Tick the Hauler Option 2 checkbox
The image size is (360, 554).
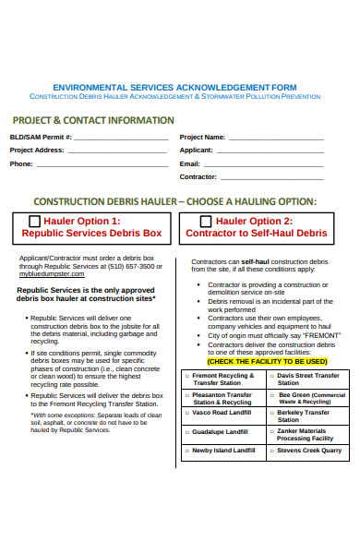[x=207, y=222]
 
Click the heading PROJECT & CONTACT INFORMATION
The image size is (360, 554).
[x=92, y=120]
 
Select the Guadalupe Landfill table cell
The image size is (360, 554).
[x=222, y=432]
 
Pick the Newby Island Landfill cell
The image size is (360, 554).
[x=222, y=450]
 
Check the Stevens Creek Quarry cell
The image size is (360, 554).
[x=309, y=450]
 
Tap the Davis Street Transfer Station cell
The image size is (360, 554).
[x=308, y=379]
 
